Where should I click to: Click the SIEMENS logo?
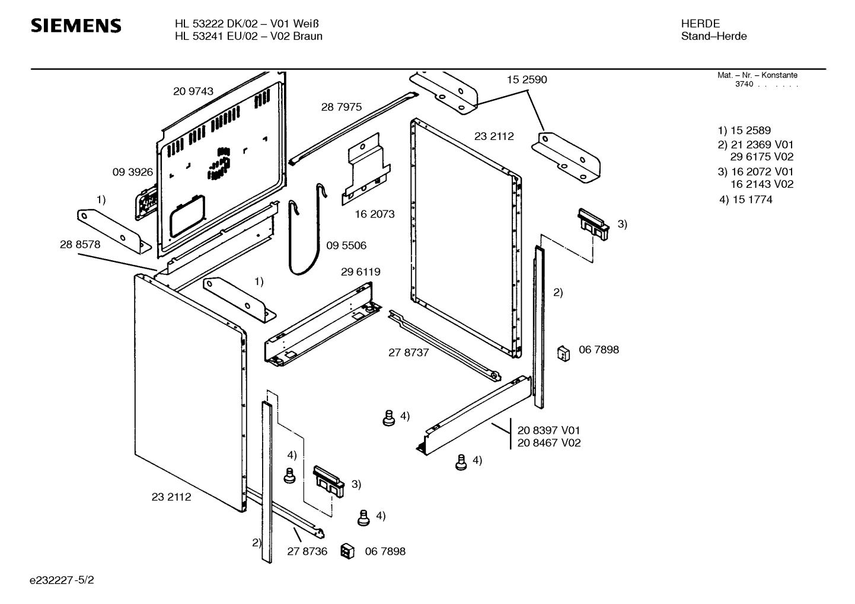76,26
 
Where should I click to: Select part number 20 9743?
193,91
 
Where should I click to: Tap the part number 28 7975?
342,107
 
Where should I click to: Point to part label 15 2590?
527,80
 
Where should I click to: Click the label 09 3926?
132,172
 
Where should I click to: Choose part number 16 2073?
375,215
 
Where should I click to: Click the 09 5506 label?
346,246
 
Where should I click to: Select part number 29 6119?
360,272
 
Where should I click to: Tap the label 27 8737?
409,353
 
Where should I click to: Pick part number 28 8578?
80,245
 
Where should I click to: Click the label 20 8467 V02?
549,443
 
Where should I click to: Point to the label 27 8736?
307,552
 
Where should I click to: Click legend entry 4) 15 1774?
746,200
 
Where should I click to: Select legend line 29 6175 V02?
762,157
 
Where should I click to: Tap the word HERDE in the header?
700,24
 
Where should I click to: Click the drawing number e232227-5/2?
62,580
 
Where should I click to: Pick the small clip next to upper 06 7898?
563,353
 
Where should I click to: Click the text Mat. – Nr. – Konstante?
757,75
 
